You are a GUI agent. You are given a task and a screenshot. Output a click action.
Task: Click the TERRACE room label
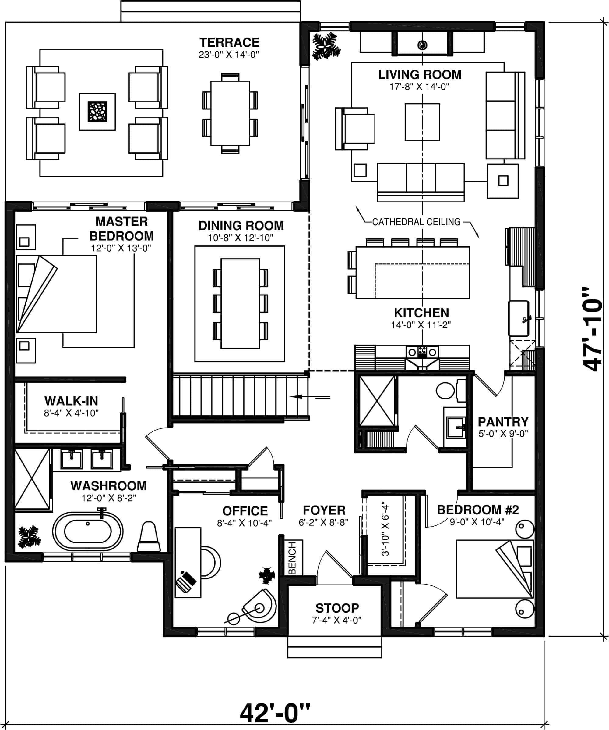tap(229, 42)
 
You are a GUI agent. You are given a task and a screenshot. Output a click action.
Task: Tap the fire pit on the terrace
tap(97, 112)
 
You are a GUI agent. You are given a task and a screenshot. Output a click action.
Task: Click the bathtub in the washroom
tap(87, 531)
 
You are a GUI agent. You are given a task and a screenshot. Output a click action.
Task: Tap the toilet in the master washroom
tap(149, 537)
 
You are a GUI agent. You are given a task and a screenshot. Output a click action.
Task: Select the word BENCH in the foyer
tap(293, 558)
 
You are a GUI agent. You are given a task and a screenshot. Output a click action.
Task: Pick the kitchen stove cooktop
tap(422, 352)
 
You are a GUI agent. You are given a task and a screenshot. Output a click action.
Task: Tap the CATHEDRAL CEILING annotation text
tap(416, 222)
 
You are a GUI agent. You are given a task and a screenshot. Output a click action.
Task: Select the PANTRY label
tap(503, 422)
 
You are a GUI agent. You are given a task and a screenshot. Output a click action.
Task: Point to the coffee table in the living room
tap(422, 122)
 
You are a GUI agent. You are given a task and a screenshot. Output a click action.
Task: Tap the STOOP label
tap(337, 608)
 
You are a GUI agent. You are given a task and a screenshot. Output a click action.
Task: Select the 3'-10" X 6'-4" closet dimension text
tap(385, 528)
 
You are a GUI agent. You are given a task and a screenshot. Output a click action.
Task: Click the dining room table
tap(240, 303)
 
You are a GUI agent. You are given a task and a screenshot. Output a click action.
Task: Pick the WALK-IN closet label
tap(71, 401)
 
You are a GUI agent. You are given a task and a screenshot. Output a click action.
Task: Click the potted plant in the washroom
tap(29, 536)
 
